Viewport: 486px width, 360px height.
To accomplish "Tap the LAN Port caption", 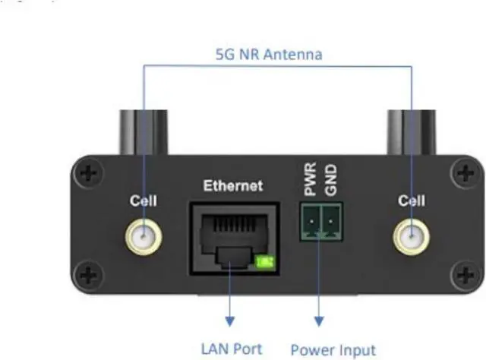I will [232, 349].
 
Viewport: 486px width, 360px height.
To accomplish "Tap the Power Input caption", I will [333, 350].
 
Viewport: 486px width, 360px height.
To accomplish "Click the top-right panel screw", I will [463, 174].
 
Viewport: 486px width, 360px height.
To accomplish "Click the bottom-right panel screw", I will [463, 274].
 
